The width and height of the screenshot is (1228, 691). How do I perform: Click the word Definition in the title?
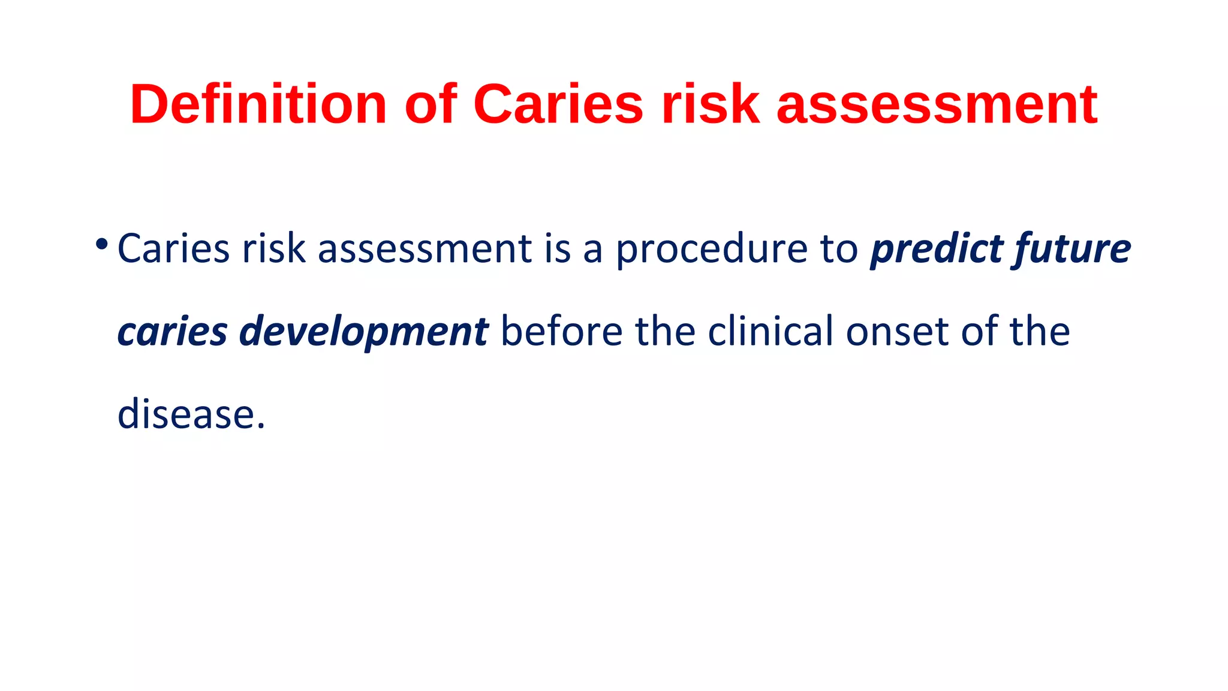point(258,104)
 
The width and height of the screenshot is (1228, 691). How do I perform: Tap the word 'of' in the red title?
point(431,104)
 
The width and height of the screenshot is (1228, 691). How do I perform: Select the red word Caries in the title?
point(558,104)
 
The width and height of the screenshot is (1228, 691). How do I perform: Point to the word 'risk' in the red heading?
point(710,104)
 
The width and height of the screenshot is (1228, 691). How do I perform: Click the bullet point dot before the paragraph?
point(101,244)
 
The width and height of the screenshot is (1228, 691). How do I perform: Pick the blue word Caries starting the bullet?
point(173,248)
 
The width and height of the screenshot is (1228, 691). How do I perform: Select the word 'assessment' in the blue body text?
point(425,248)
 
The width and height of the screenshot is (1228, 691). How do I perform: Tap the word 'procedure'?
point(712,250)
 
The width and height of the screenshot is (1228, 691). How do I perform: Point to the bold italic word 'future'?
point(1073,250)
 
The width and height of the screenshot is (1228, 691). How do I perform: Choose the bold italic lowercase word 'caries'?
point(173,332)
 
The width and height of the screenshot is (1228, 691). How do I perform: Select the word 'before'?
point(562,331)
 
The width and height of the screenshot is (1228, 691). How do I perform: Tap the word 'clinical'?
point(770,331)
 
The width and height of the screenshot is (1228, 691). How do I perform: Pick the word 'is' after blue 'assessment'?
point(558,248)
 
